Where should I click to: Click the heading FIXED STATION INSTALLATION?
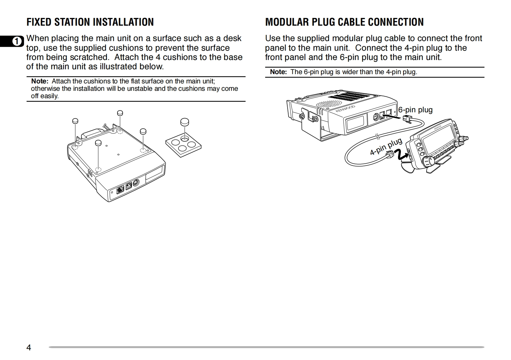click(x=90, y=22)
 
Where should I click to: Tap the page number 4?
click(x=29, y=347)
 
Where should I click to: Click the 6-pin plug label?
click(x=415, y=110)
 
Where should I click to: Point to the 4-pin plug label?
click(x=386, y=147)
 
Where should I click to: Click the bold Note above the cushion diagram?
click(x=39, y=81)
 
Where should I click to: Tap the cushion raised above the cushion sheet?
click(x=185, y=122)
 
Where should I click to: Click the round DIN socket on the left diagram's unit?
click(x=135, y=183)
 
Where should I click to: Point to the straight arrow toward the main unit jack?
click(x=393, y=117)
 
